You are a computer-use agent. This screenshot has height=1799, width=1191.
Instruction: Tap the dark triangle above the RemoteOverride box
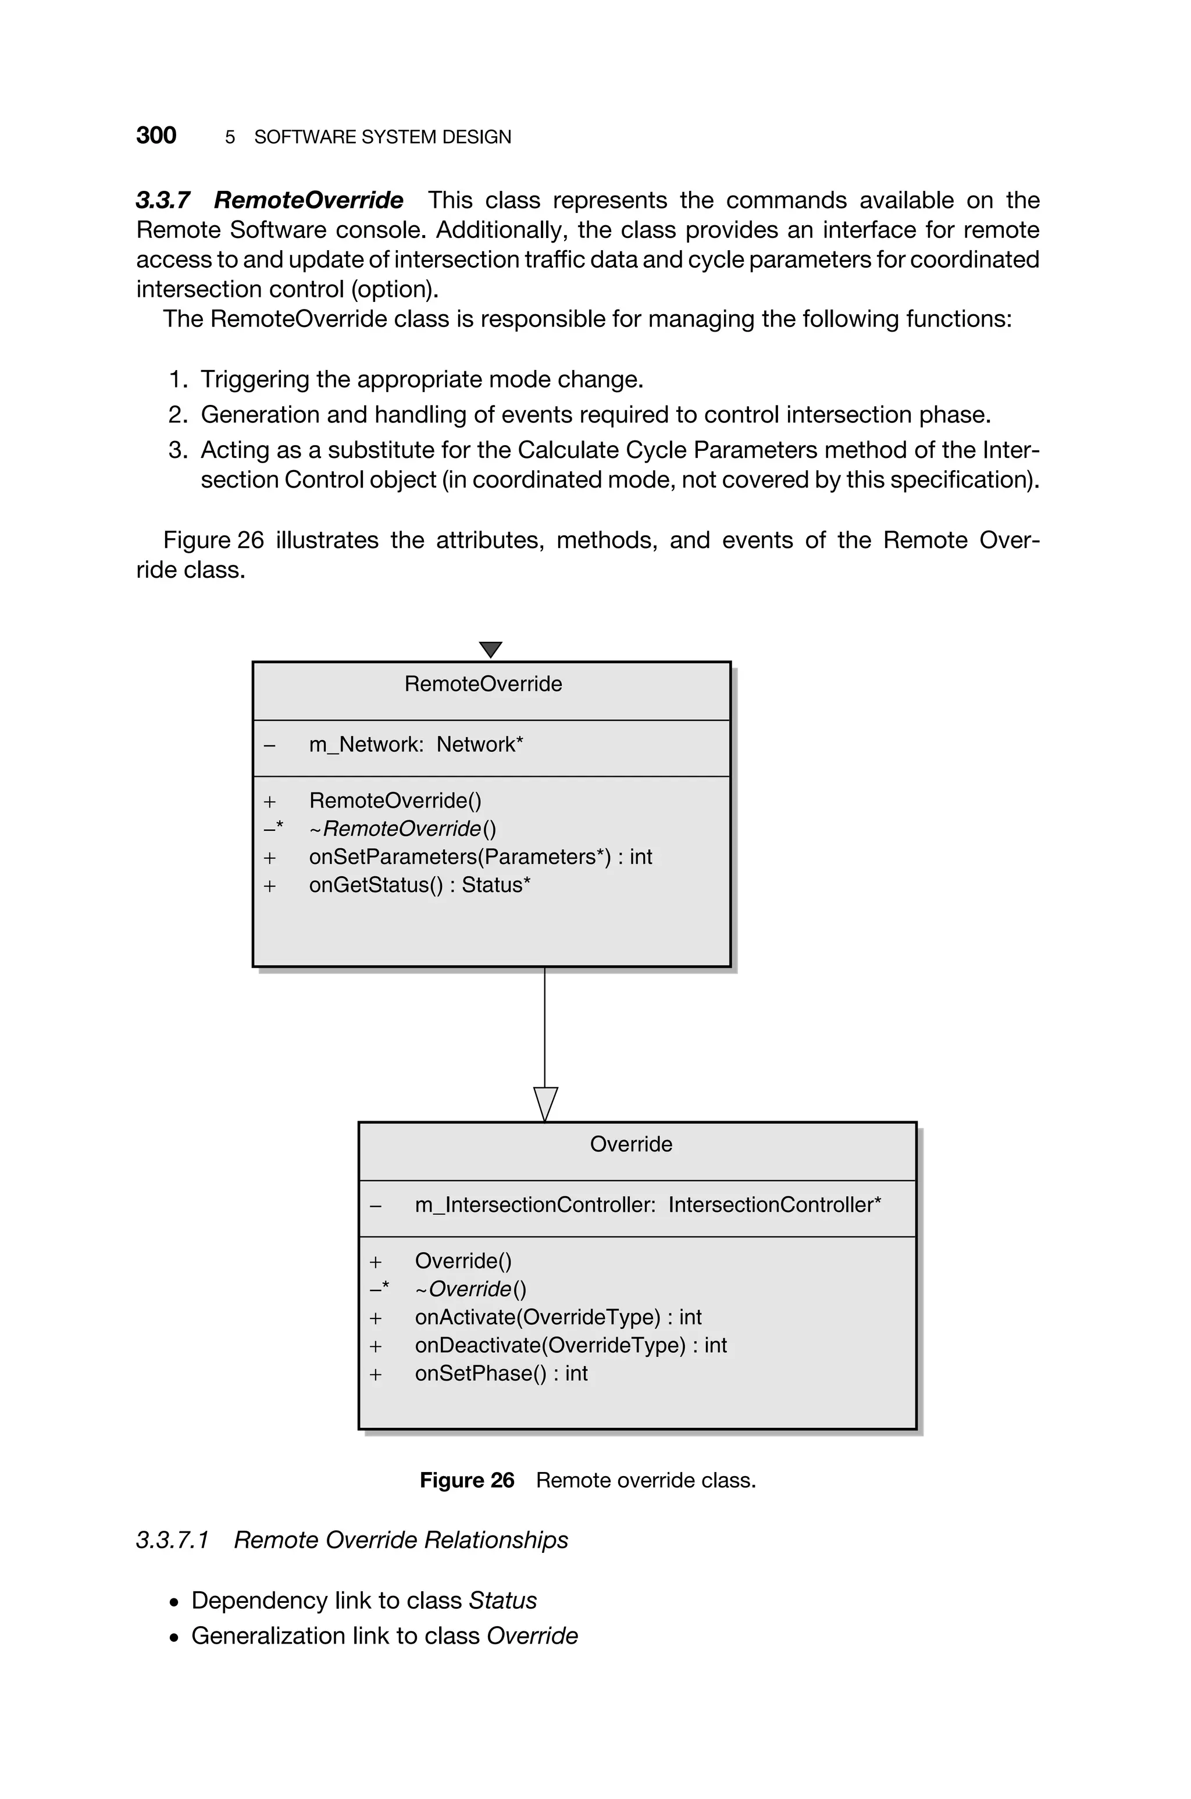point(491,649)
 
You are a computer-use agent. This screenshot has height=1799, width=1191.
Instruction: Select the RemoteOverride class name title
point(483,684)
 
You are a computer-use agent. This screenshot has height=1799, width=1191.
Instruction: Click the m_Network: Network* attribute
point(415,745)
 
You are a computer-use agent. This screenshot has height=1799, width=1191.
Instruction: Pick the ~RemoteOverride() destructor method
point(402,829)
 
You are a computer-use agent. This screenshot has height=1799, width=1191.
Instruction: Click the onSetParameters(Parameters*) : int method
point(480,857)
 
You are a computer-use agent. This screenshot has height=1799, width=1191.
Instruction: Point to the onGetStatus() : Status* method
point(419,885)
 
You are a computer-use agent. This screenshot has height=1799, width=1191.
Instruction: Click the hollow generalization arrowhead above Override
point(545,1103)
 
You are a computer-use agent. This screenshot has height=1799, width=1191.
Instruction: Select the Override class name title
point(630,1144)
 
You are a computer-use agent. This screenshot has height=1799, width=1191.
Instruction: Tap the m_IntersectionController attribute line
point(647,1205)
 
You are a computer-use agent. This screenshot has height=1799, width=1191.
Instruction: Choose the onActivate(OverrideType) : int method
point(558,1317)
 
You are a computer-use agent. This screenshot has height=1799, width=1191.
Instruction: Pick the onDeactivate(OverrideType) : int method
point(570,1345)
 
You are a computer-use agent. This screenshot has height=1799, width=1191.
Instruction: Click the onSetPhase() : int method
point(501,1374)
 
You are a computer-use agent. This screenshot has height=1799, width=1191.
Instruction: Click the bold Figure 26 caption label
point(466,1480)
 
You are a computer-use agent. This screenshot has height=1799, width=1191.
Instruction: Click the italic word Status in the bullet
point(503,1601)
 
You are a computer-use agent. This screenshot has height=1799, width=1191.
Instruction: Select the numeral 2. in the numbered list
point(178,415)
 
